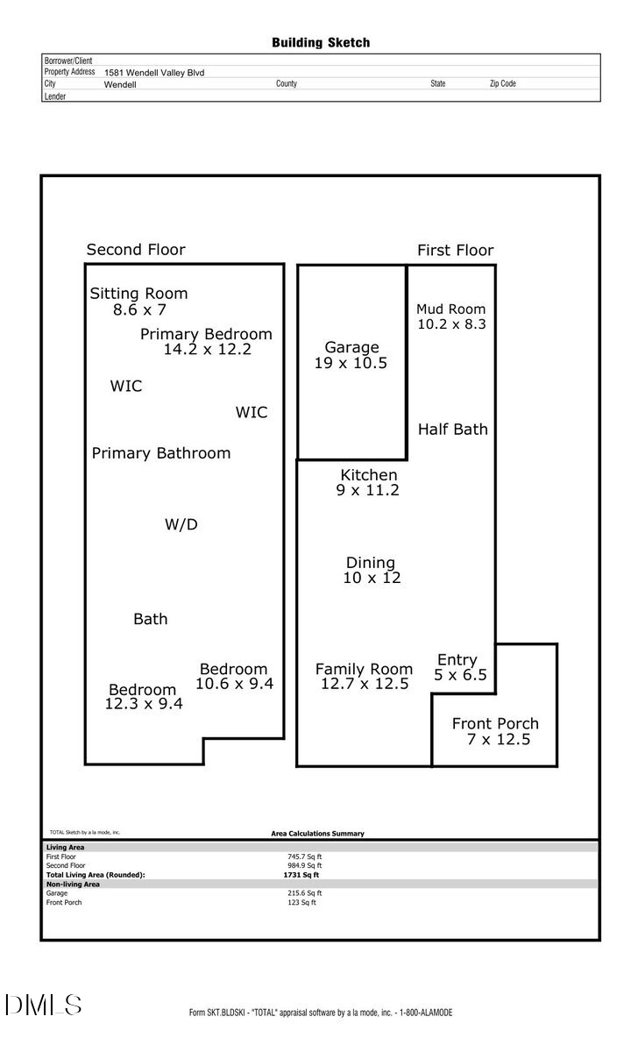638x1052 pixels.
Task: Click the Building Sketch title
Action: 321,42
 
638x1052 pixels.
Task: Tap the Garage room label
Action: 351,347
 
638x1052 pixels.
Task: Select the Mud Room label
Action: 450,309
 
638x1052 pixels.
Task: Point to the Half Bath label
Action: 452,429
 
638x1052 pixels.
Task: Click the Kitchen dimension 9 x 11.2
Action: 367,490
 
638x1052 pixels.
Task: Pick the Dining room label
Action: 371,563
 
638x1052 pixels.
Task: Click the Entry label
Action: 457,660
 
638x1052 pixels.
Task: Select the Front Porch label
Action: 495,723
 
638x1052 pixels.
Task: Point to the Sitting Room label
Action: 138,294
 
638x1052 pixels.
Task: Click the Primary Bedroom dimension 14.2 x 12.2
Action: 208,349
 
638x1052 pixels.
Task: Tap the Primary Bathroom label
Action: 161,453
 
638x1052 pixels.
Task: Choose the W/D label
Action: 181,524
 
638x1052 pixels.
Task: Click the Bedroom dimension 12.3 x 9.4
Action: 144,703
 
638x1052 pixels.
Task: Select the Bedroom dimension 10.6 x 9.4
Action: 234,683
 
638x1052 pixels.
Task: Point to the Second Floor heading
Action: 136,250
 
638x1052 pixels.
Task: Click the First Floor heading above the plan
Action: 455,251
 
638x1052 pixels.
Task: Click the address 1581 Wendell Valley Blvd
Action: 154,73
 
